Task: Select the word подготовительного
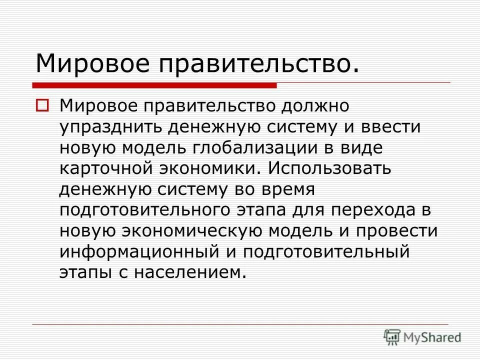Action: [x=144, y=210]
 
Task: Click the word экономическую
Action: [x=190, y=231]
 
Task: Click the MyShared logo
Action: [x=422, y=336]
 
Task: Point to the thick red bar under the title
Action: [x=155, y=85]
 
